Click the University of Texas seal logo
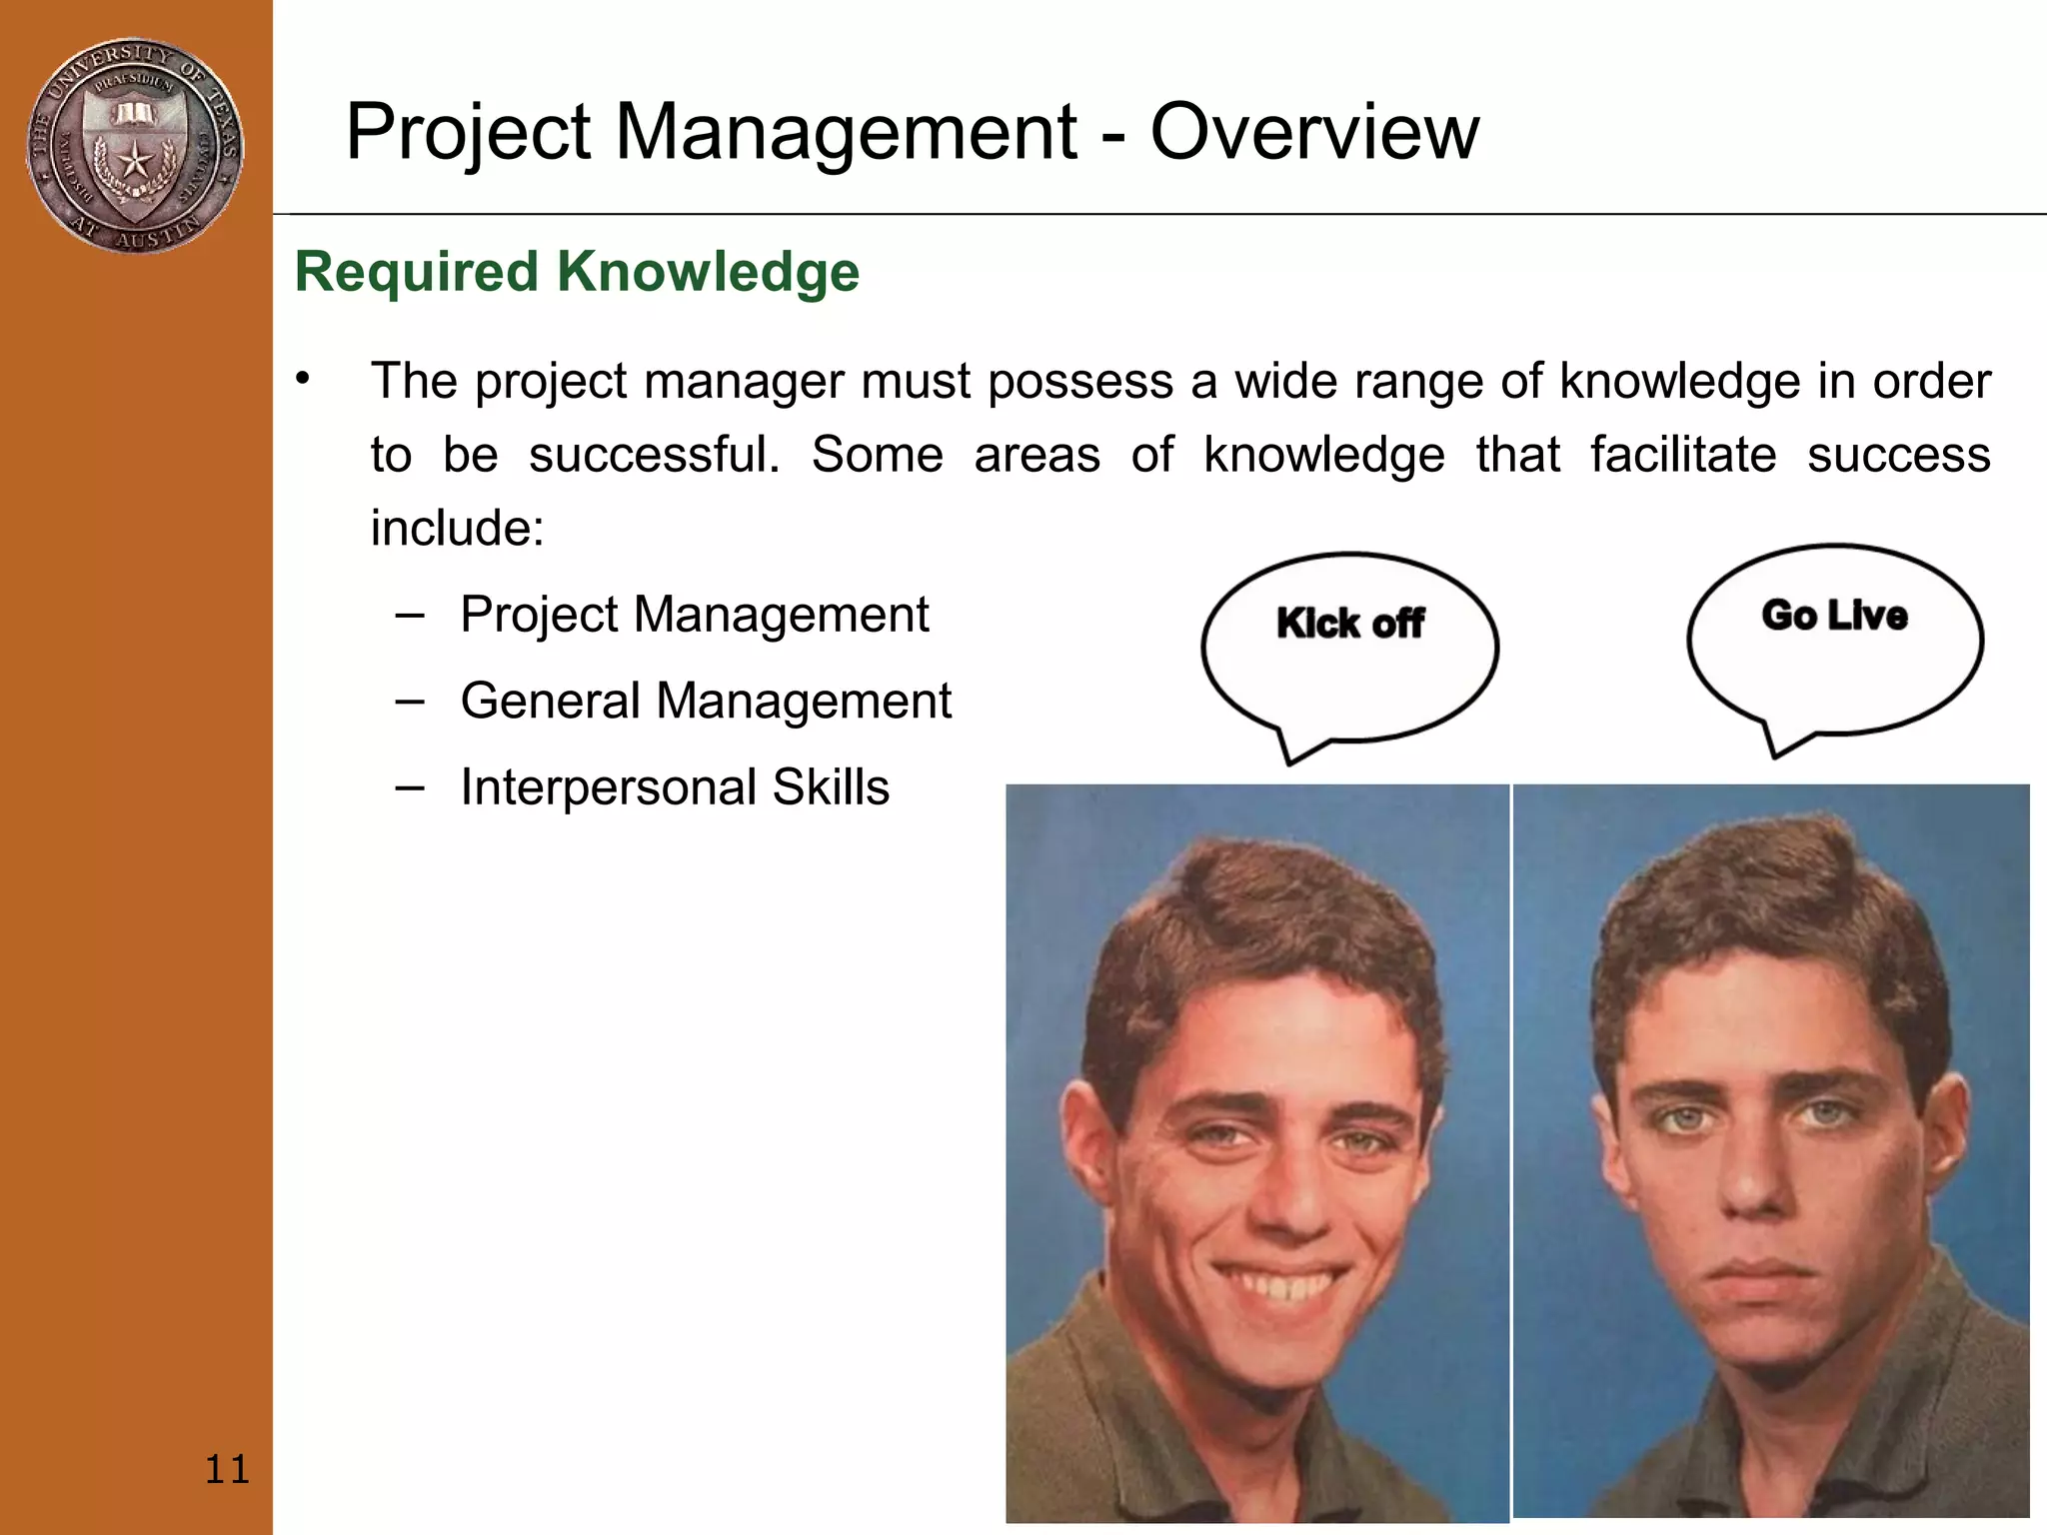(135, 146)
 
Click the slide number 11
(227, 1469)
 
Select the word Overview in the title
(1314, 132)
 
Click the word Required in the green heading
(417, 272)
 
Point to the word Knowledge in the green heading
(708, 272)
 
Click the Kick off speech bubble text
(1349, 624)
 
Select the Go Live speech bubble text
(1834, 616)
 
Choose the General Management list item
(706, 701)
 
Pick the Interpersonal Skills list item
(675, 787)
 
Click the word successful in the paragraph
(654, 456)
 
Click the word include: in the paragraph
(457, 529)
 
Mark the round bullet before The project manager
(304, 379)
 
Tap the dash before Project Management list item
(409, 616)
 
